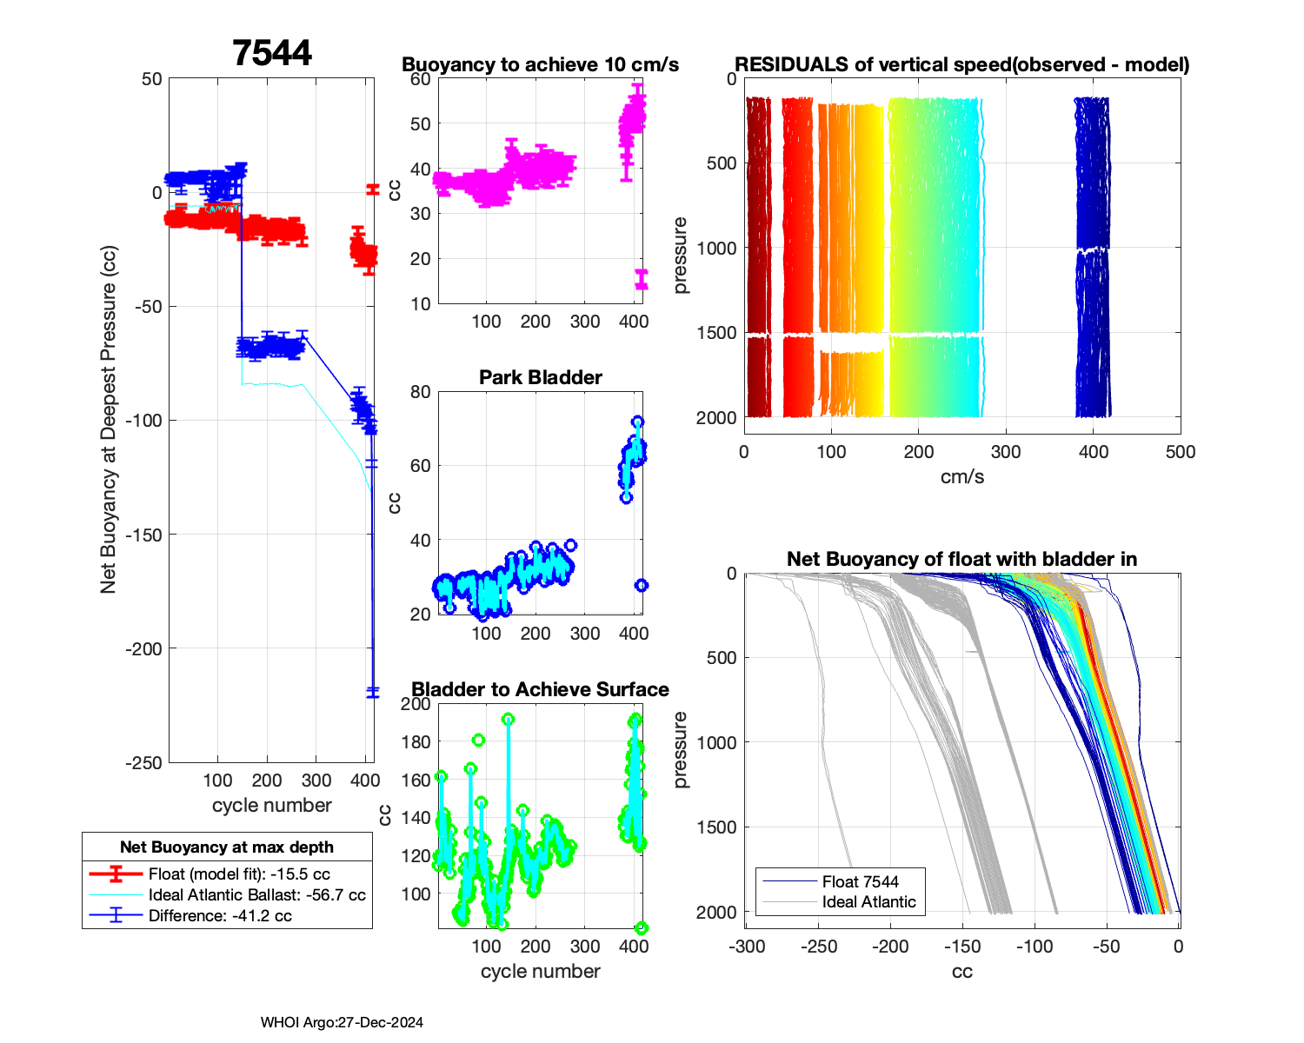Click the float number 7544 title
272,54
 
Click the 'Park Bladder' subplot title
541,377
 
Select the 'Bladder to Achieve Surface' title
540,689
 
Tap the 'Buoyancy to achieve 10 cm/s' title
540,64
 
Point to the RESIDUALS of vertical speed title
961,64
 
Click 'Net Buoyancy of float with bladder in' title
961,559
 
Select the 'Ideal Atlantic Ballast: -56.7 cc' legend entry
256,895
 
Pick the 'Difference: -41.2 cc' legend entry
220,916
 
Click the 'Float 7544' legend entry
860,881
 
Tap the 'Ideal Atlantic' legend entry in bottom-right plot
868,902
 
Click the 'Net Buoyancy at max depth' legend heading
227,847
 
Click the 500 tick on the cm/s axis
1181,452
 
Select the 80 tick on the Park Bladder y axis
420,392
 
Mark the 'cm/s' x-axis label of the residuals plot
961,476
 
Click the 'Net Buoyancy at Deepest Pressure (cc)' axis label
108,420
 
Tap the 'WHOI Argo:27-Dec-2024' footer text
342,1022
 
